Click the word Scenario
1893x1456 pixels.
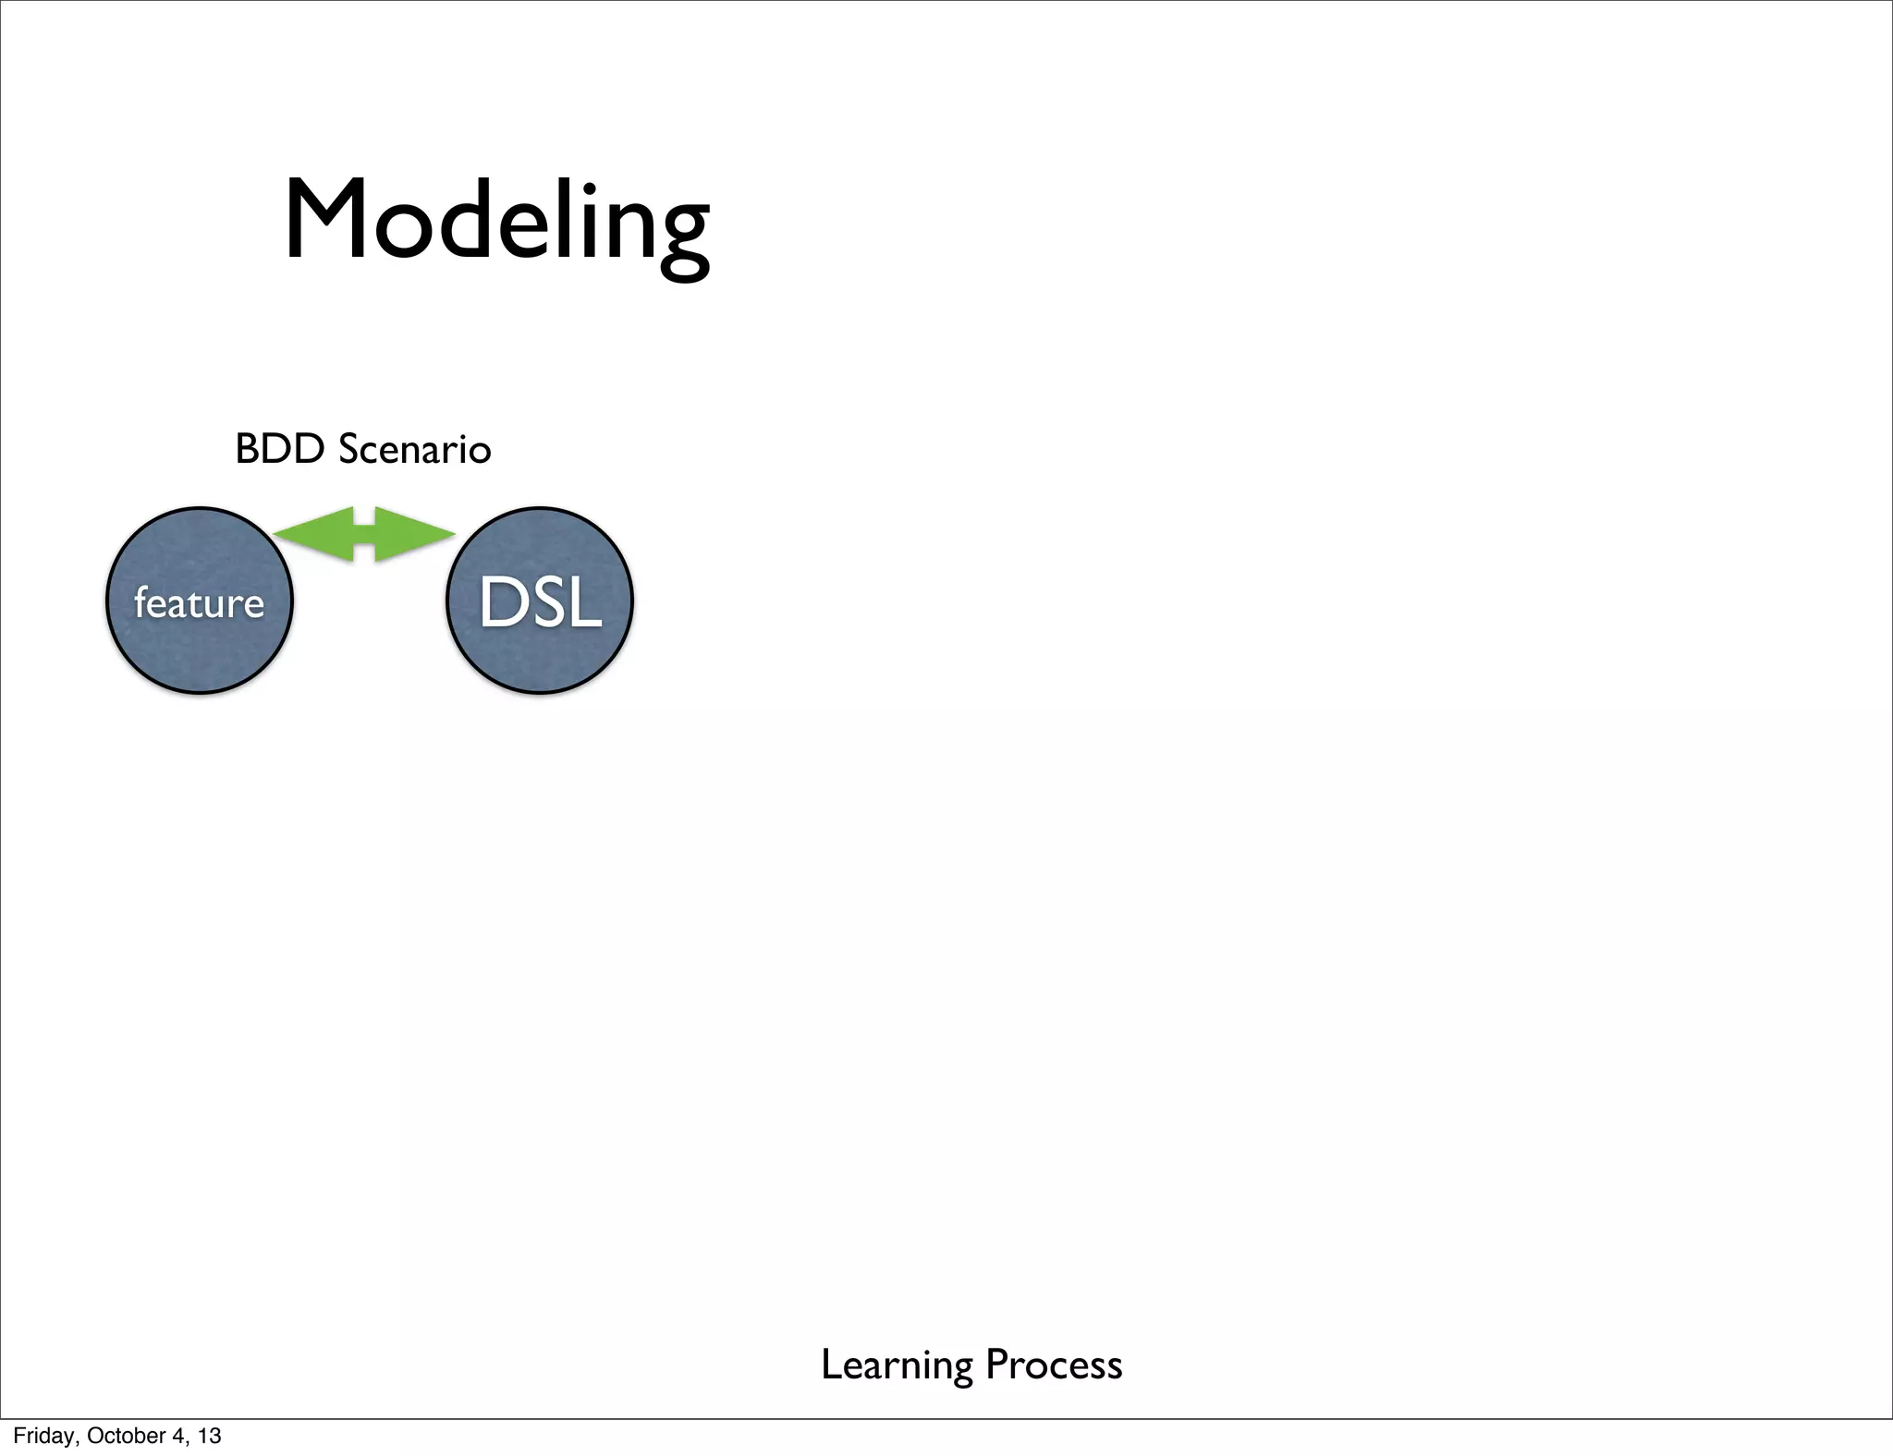tap(415, 450)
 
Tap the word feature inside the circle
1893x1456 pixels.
tap(200, 603)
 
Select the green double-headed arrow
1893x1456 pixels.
tap(364, 534)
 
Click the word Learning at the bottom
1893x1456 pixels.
tap(896, 1365)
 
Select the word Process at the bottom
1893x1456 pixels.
tap(1054, 1365)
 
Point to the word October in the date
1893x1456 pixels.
tap(128, 1436)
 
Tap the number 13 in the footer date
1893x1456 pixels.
tap(210, 1436)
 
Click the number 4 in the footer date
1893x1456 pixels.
tap(178, 1436)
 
